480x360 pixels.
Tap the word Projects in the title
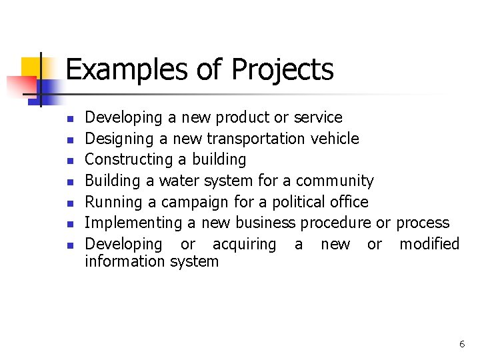(x=282, y=70)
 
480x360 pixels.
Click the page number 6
(x=461, y=344)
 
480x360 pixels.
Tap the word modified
(x=429, y=244)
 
